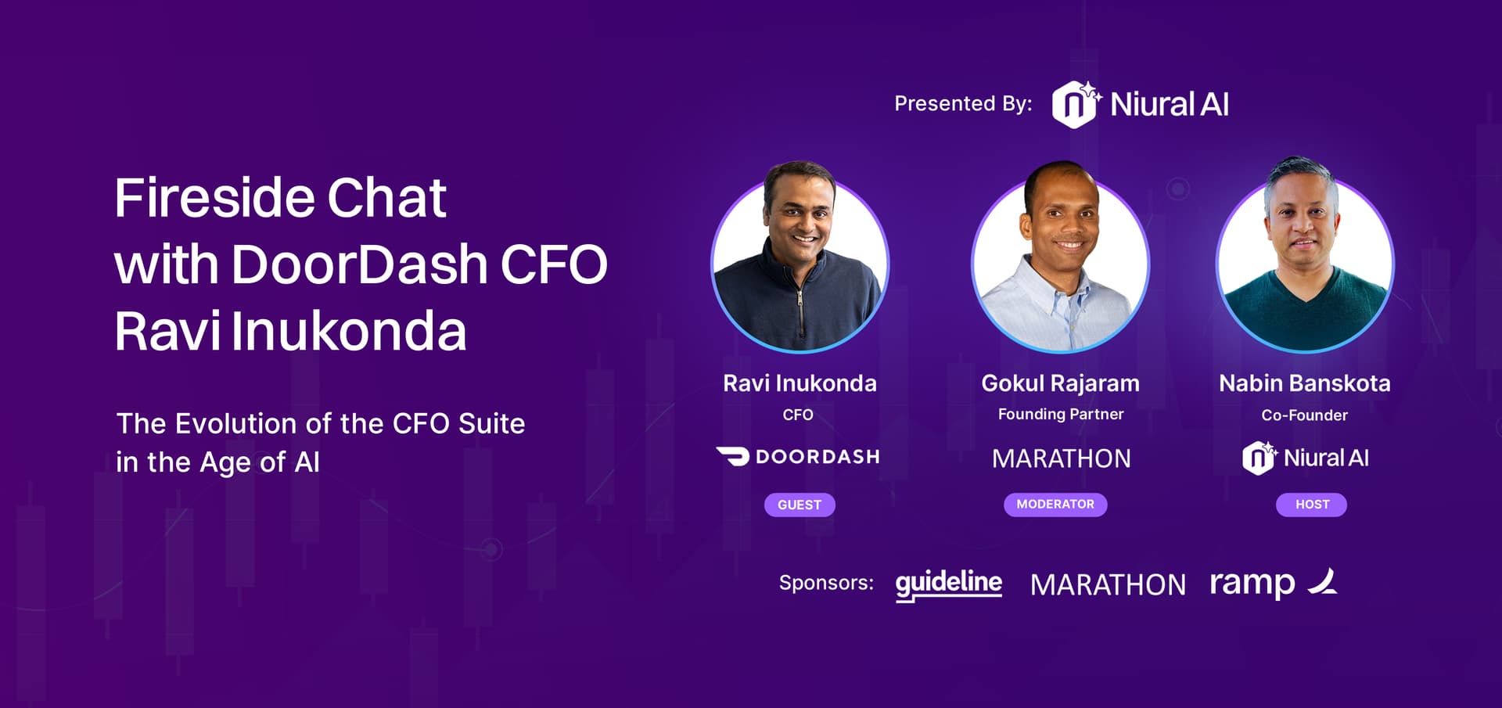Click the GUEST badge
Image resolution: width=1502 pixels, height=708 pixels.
tap(800, 505)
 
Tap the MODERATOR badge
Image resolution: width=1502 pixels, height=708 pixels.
tap(1055, 505)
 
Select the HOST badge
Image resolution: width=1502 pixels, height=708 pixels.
tap(1312, 505)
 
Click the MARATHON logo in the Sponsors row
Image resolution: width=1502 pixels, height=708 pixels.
tap(1108, 585)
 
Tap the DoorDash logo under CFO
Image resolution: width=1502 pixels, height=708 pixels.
tap(798, 456)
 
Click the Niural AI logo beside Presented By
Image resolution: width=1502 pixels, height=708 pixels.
tap(1140, 104)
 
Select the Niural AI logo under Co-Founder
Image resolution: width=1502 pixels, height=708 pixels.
tap(1306, 458)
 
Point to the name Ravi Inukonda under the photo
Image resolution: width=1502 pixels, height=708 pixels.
tap(800, 383)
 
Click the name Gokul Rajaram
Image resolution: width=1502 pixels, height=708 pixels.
tap(1060, 383)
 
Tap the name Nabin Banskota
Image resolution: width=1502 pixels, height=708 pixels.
tap(1305, 383)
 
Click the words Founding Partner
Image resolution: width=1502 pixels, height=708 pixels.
tap(1061, 415)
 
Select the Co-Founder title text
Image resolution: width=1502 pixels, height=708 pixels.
tap(1305, 415)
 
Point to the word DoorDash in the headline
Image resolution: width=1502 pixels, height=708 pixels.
tap(360, 264)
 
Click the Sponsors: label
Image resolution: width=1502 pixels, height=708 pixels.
tap(826, 583)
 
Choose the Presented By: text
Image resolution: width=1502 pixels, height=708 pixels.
tap(963, 104)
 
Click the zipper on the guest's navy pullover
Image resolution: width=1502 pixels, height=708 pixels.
tap(800, 309)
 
